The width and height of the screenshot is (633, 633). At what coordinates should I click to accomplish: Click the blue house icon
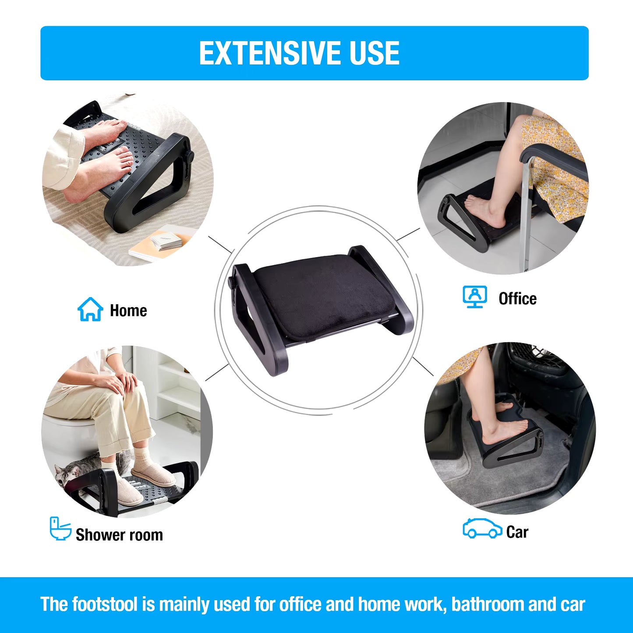pyautogui.click(x=90, y=309)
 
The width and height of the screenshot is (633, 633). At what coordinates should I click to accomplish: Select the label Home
pyautogui.click(x=128, y=311)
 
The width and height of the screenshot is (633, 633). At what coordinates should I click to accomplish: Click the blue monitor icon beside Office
pyautogui.click(x=475, y=297)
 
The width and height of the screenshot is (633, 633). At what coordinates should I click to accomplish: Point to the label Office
pyautogui.click(x=517, y=299)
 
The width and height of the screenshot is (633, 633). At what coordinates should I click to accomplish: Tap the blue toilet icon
pyautogui.click(x=60, y=529)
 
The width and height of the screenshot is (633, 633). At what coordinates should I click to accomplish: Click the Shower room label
pyautogui.click(x=119, y=535)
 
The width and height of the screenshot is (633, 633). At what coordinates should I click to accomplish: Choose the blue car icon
pyautogui.click(x=482, y=528)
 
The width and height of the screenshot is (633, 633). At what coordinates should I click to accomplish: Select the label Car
pyautogui.click(x=517, y=532)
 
